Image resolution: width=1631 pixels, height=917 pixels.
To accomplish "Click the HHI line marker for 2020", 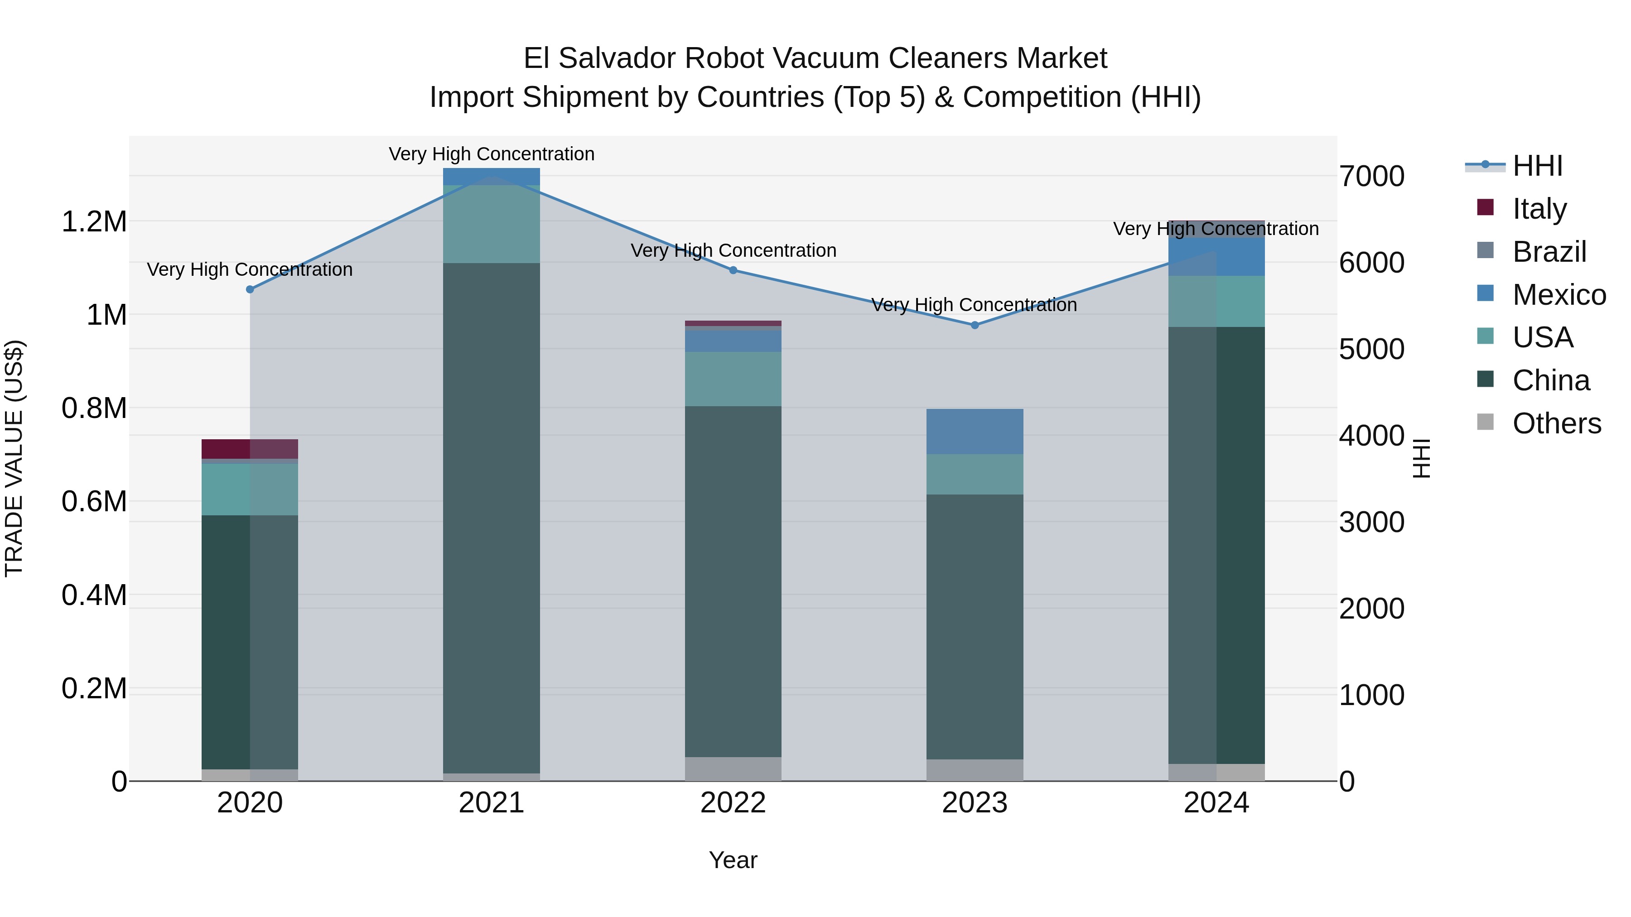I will (250, 289).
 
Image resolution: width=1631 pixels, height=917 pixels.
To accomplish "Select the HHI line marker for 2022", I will (733, 270).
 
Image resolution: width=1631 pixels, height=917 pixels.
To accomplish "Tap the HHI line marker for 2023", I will (975, 325).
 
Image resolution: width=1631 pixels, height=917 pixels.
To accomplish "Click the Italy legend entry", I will (1539, 209).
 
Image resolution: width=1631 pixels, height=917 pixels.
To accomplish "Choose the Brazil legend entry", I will (1549, 252).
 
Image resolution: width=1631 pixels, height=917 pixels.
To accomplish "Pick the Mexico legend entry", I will (1558, 295).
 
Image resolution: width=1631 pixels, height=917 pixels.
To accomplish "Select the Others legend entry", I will (1556, 423).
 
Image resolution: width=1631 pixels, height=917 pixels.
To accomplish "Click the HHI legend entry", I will (1537, 166).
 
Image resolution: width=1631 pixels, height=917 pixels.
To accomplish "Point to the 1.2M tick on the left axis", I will (94, 222).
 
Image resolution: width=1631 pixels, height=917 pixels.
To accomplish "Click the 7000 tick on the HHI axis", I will (1372, 177).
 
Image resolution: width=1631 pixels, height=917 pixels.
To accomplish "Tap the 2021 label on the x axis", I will (491, 803).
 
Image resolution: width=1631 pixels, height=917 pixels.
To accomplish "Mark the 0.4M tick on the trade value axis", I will (94, 595).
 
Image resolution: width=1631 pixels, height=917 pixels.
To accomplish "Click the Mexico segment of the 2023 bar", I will (975, 432).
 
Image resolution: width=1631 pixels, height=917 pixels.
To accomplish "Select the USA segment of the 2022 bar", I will (733, 379).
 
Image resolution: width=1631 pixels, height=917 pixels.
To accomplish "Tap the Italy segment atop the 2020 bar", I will (250, 449).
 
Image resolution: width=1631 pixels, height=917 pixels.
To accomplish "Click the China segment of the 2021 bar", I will (491, 518).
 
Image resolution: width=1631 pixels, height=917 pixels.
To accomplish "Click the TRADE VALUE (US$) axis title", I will (14, 458).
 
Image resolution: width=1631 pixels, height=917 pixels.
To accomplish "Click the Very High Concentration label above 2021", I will (491, 154).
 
